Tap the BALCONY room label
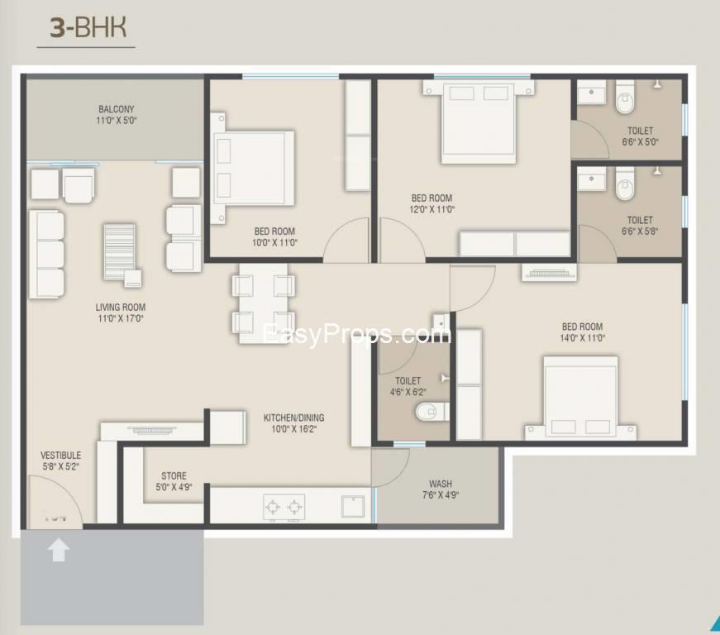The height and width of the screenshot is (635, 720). point(117,109)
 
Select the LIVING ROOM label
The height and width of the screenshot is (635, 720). point(120,308)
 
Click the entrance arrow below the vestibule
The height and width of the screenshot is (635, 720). point(58,549)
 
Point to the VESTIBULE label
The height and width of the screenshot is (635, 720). point(61,456)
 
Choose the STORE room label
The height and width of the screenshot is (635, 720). point(174,476)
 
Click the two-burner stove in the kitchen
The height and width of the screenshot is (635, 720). point(284,506)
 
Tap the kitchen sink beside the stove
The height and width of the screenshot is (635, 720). point(353,506)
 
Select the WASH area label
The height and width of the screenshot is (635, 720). point(440,484)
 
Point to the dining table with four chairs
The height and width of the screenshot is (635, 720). point(263,303)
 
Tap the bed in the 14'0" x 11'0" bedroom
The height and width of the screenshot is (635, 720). point(580,397)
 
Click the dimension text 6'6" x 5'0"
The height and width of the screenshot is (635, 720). point(640,142)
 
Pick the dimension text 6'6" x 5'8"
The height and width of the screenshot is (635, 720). point(640,232)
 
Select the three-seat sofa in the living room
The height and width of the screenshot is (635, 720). point(47,254)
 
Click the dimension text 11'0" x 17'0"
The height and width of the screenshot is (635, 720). point(120,318)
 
